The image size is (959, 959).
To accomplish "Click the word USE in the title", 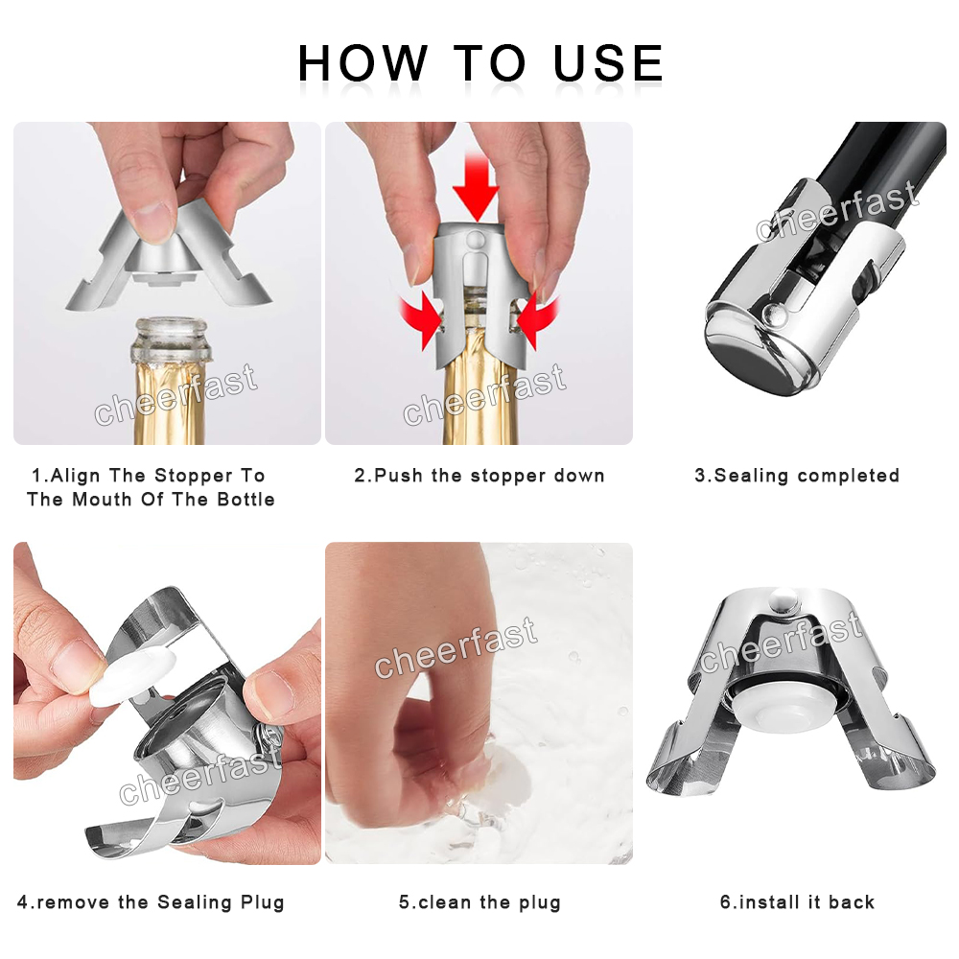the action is point(608,63).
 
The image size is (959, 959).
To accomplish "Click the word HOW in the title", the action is point(363,63).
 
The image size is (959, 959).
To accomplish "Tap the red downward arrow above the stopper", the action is point(476,186).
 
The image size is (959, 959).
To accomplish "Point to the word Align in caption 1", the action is point(75,476).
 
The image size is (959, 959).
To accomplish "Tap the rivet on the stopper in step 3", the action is point(775,315).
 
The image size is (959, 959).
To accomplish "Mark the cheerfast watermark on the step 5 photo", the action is point(456,647).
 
